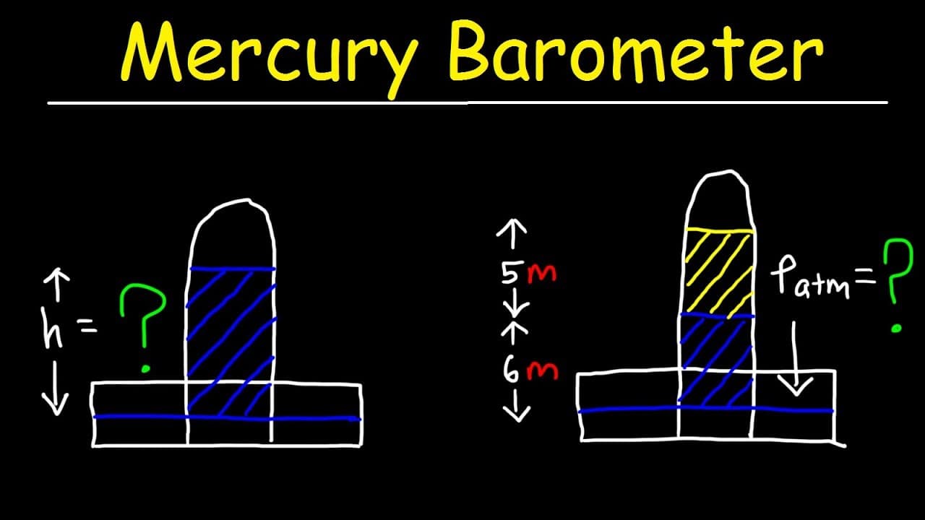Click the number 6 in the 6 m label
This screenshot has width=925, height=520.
click(x=510, y=369)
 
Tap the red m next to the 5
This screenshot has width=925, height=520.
click(x=541, y=274)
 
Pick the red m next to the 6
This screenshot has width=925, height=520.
click(x=543, y=371)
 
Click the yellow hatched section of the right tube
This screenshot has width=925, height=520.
click(x=718, y=272)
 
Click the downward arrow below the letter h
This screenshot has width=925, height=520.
click(x=55, y=388)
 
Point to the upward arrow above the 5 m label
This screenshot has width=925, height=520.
click(x=512, y=235)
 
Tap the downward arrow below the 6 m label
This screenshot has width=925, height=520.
click(x=516, y=407)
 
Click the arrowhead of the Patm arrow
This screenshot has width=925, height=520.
click(x=796, y=386)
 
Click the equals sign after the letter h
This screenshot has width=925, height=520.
click(x=87, y=327)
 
